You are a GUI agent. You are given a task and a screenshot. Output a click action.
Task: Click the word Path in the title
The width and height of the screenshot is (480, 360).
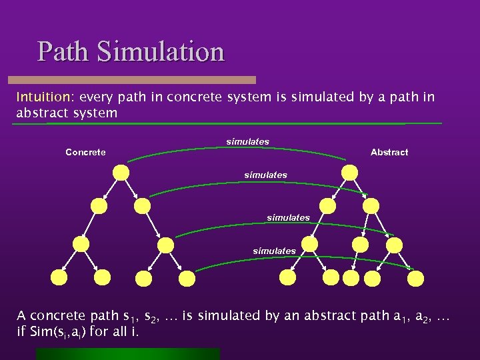(x=65, y=51)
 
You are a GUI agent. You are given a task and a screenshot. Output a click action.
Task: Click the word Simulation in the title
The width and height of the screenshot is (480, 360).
(x=161, y=51)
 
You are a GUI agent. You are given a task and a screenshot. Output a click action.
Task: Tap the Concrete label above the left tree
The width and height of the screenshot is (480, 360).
(x=85, y=153)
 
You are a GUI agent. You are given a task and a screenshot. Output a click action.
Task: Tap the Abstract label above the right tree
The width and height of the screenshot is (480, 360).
(x=389, y=153)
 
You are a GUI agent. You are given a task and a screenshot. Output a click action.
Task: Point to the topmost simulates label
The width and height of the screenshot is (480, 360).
(x=248, y=141)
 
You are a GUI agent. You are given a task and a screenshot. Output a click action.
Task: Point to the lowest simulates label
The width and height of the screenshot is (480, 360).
(x=274, y=251)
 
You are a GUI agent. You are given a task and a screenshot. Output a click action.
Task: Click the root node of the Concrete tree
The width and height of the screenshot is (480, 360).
(x=121, y=172)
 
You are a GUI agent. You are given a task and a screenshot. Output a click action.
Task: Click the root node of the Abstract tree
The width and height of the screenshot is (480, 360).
(x=349, y=172)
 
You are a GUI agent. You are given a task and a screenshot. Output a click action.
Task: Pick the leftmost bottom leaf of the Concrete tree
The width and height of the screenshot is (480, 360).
(x=59, y=276)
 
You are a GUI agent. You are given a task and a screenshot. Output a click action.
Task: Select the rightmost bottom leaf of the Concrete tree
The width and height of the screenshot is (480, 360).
(x=187, y=276)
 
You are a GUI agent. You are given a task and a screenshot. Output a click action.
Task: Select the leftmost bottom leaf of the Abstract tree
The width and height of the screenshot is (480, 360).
(x=287, y=276)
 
